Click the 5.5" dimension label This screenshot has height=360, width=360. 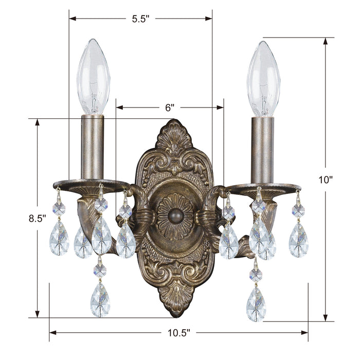(140, 19)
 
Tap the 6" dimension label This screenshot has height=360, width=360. (170, 107)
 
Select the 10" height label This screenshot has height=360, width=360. (326, 180)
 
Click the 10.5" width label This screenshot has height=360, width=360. (178, 333)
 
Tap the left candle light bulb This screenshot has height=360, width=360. (93, 77)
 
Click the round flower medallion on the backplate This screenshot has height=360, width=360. (175, 215)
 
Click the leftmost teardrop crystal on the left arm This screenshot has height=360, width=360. (59, 239)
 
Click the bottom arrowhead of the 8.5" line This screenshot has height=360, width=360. (37, 314)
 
